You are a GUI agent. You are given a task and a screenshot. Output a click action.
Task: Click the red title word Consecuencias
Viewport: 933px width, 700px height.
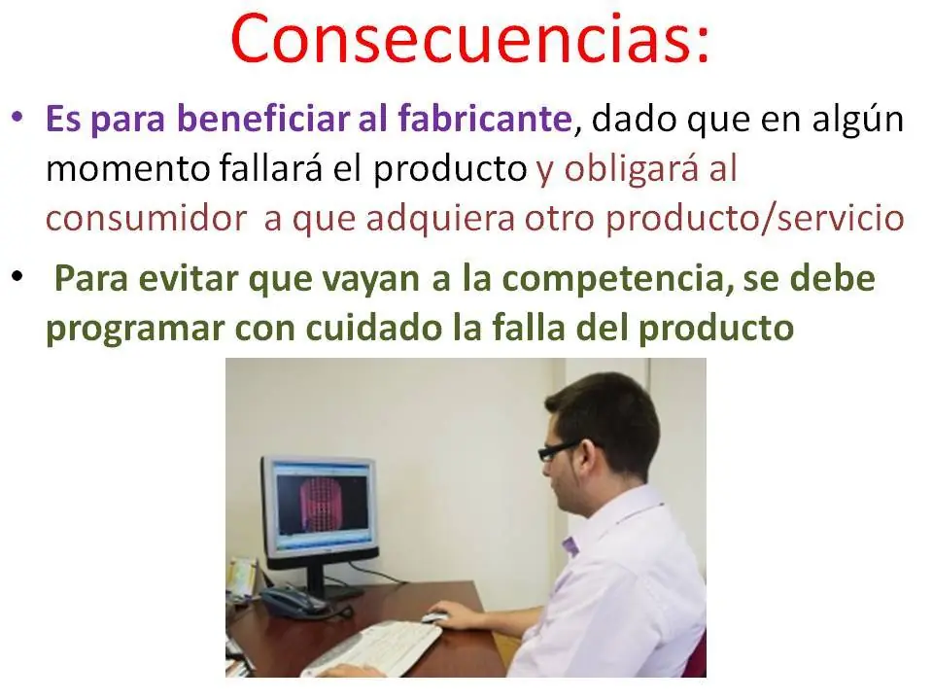[x=469, y=40]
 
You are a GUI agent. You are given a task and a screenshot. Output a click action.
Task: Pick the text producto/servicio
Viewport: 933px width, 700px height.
[x=754, y=218]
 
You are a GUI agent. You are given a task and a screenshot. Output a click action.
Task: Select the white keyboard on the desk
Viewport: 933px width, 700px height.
[x=370, y=649]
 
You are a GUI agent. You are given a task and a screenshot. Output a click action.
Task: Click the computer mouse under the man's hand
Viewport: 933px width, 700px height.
[x=434, y=617]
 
